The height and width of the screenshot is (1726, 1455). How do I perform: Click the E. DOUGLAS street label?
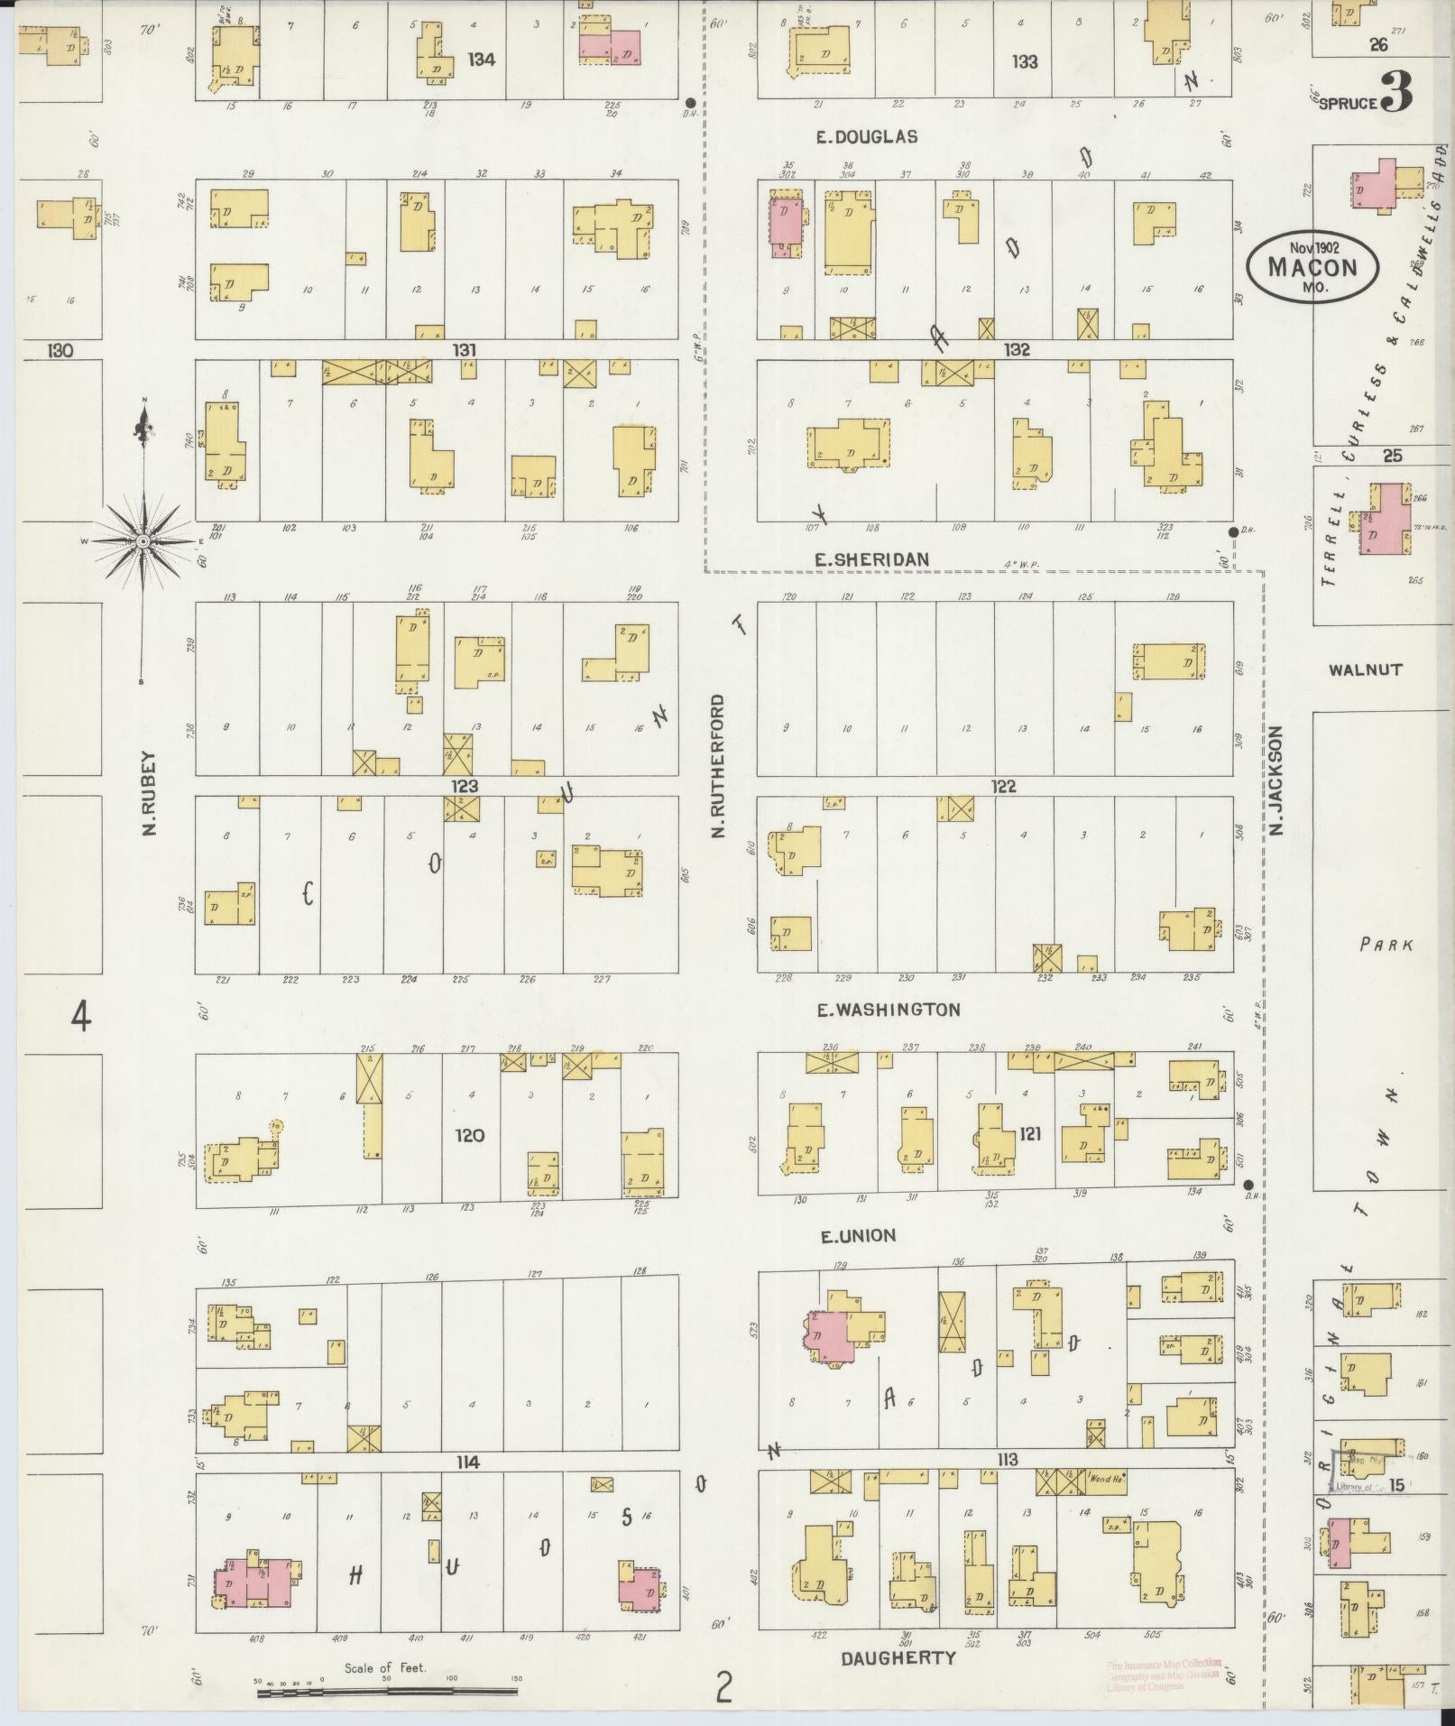pyautogui.click(x=866, y=137)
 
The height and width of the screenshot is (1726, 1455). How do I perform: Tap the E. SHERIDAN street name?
pyautogui.click(x=871, y=560)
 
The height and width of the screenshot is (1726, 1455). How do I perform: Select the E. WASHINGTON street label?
pyautogui.click(x=889, y=1010)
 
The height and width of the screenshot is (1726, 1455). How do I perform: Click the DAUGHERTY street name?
pyautogui.click(x=898, y=1658)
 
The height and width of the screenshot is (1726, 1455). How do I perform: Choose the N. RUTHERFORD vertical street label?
pyautogui.click(x=718, y=764)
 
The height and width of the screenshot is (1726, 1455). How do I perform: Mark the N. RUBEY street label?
pyautogui.click(x=150, y=793)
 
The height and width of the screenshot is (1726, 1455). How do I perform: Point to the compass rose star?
pyautogui.click(x=143, y=540)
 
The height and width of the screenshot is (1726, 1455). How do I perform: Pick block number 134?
pyautogui.click(x=482, y=60)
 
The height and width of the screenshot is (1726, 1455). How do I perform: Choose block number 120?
pyautogui.click(x=470, y=1135)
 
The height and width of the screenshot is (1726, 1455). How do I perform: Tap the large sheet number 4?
pyautogui.click(x=81, y=1018)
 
